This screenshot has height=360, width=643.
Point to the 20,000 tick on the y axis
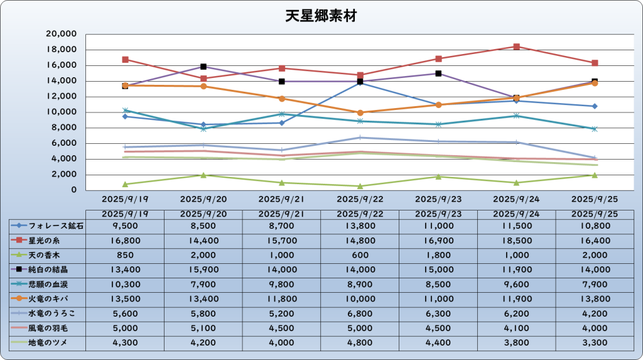[62, 34]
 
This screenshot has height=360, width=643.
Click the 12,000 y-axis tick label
[62, 97]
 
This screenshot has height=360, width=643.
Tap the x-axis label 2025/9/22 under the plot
[360, 199]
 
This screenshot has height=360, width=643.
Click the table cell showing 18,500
[516, 240]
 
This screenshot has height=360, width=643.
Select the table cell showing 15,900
[203, 270]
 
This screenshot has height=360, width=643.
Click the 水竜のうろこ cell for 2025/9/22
[360, 314]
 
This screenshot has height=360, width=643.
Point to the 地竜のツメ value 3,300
[594, 342]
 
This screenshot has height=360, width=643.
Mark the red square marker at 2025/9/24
[516, 46]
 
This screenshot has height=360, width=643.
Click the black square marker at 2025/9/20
[203, 67]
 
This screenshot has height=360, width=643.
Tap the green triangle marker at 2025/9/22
[360, 186]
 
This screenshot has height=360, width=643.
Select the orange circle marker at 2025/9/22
[360, 112]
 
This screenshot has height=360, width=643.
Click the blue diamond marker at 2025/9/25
[594, 106]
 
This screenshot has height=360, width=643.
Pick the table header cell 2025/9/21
[281, 214]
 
